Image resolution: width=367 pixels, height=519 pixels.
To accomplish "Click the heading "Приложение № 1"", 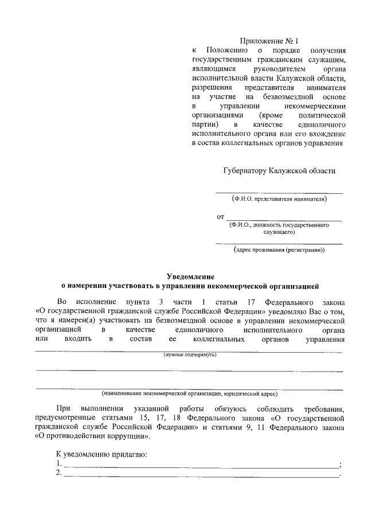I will point(270,41).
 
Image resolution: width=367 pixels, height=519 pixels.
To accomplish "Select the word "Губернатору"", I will point(244,171).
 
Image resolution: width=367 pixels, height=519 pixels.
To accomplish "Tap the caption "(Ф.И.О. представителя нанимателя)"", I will point(279,199).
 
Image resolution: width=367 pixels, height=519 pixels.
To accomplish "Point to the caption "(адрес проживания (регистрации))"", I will point(279,250).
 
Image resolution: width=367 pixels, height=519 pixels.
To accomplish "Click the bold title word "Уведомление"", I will point(190,276).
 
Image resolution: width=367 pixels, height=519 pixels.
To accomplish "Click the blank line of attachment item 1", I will point(201,465).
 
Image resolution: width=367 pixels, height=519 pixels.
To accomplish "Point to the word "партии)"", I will point(206,124).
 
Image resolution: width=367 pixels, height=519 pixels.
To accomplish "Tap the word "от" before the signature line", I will point(220,217).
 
